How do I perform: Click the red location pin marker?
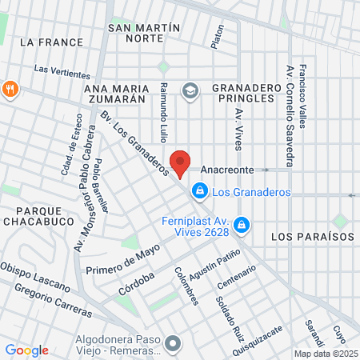pos(181,162)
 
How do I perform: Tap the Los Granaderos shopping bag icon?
pos(199,191)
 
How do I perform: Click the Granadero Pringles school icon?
pos(190,91)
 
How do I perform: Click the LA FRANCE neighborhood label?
pos(50,42)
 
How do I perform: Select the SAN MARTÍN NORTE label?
pos(144,33)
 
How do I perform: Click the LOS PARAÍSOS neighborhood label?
pos(312,237)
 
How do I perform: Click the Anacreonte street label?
pos(226,170)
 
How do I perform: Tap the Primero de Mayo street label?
pos(124,258)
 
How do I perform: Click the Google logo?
pos(26,350)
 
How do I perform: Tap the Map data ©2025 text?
pos(326,354)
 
